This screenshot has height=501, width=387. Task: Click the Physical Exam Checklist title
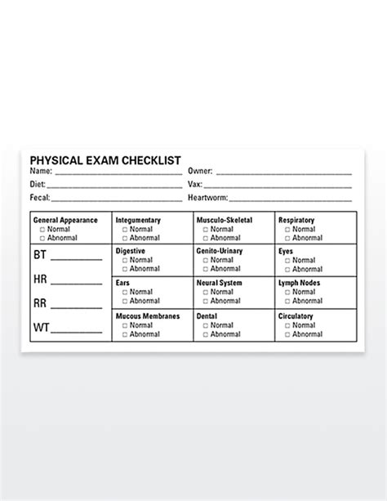tap(105, 161)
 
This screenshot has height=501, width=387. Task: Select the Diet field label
tap(38, 185)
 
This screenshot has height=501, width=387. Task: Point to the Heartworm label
tap(207, 198)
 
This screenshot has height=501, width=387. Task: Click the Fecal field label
tap(40, 198)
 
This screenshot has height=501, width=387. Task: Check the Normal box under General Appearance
tap(43, 230)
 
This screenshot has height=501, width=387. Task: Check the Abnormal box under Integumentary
tap(124, 239)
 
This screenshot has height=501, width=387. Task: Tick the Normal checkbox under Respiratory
tap(287, 230)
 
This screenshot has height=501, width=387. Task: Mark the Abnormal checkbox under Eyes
tap(287, 270)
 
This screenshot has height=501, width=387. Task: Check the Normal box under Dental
tap(205, 325)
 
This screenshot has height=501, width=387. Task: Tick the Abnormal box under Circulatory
tap(287, 334)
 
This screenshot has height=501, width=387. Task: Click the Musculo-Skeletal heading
tap(224, 221)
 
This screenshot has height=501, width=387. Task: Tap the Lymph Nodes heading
tap(299, 283)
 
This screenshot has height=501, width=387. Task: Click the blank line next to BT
tap(78, 258)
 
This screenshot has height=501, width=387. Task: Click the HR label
tap(40, 280)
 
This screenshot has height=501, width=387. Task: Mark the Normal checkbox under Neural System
tap(205, 292)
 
